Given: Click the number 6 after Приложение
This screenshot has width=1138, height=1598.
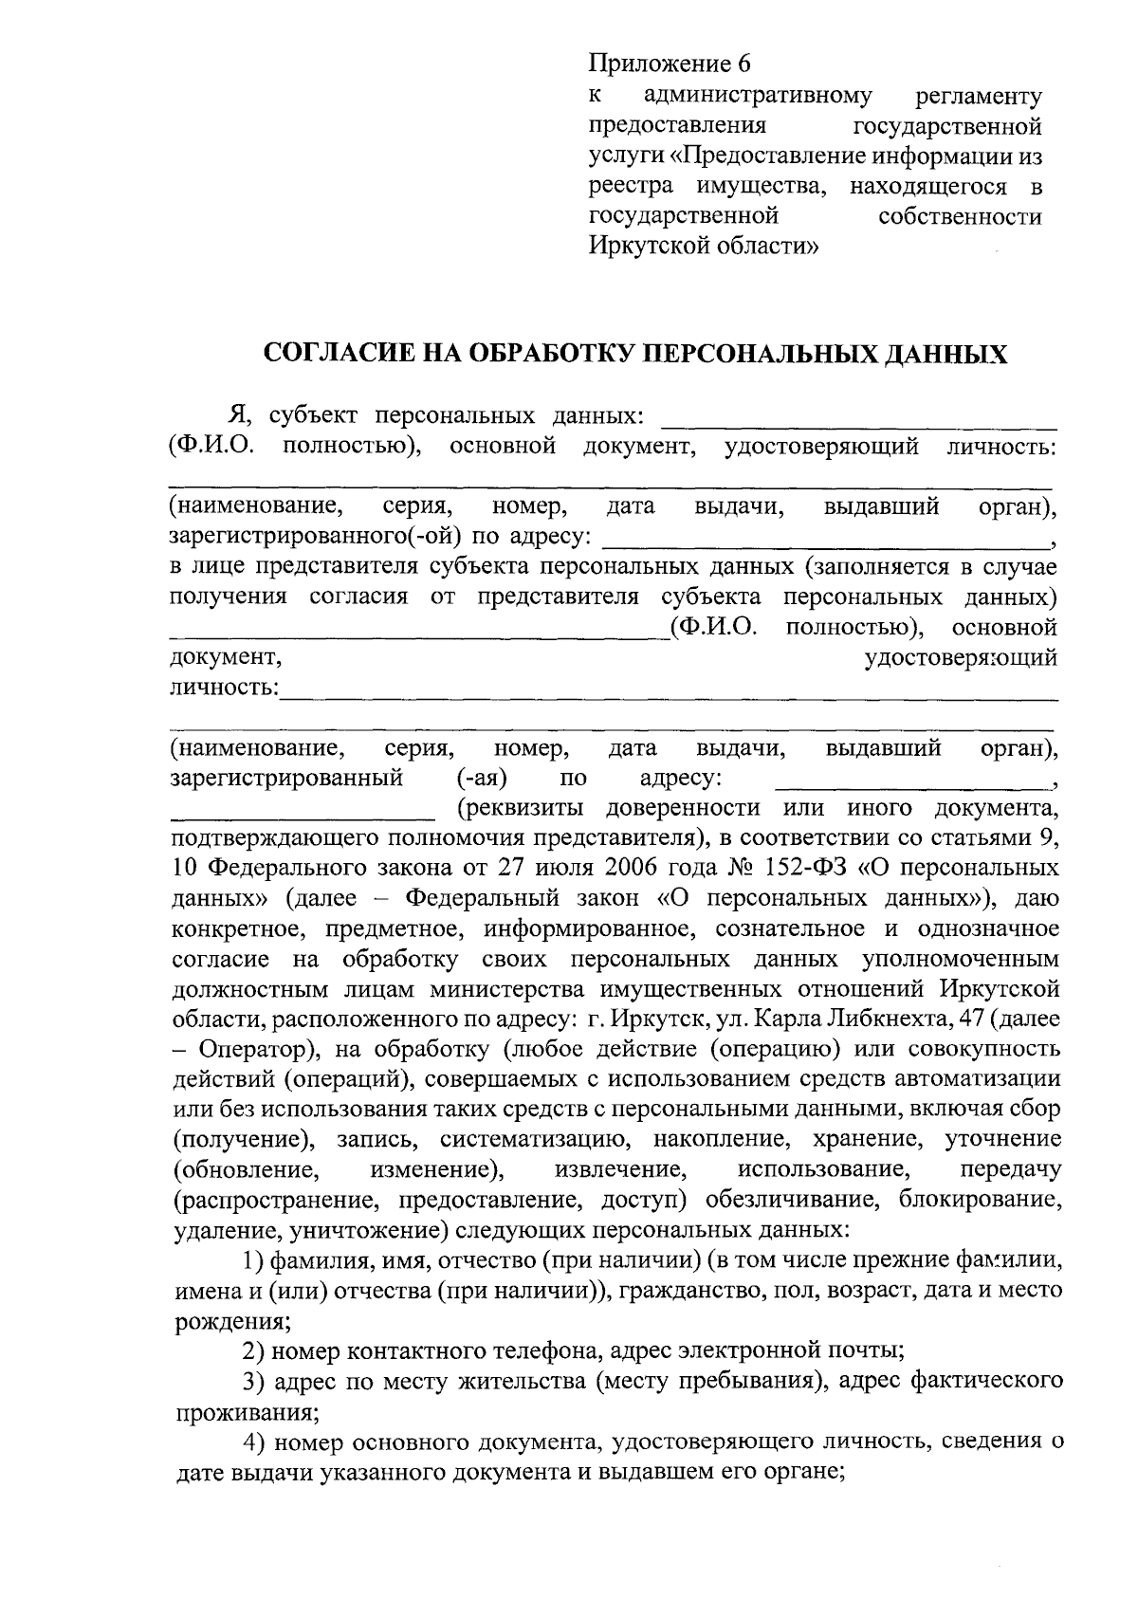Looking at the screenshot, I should [x=743, y=64].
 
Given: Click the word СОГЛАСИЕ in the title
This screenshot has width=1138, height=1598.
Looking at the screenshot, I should [x=332, y=355].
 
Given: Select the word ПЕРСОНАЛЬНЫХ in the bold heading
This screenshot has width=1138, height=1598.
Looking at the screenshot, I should [x=758, y=355].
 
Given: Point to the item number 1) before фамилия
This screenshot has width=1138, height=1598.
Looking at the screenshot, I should [x=252, y=1261].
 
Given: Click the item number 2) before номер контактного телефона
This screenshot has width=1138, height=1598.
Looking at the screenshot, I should [x=252, y=1352].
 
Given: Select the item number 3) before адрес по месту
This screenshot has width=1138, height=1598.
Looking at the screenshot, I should [x=252, y=1383].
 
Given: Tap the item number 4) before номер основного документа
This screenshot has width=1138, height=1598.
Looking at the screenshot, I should [x=252, y=1443].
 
